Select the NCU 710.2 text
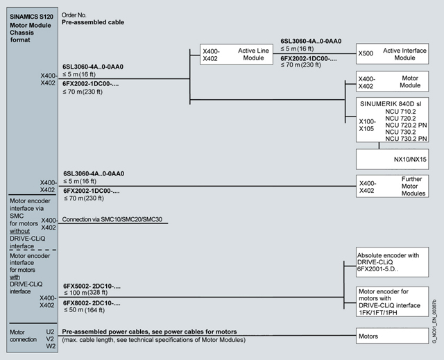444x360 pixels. (404, 111)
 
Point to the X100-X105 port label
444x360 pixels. (367, 125)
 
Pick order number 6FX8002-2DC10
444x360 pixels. (92, 303)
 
